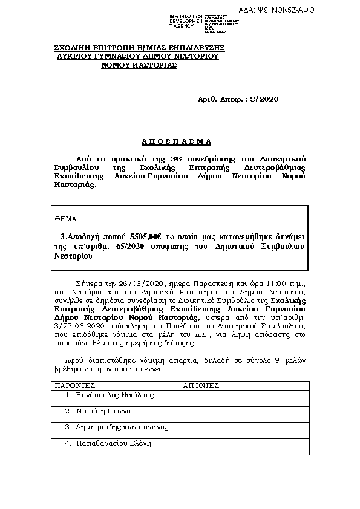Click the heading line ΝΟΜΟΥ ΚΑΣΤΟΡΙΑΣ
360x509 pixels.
pyautogui.click(x=139, y=65)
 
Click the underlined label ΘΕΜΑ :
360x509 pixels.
pyautogui.click(x=68, y=218)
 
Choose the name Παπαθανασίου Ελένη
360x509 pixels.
pyautogui.click(x=113, y=443)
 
